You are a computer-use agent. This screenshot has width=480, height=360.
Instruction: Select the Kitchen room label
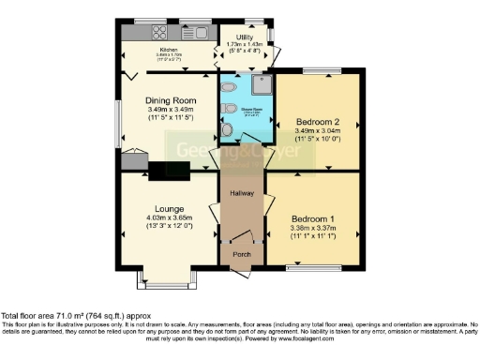(169, 50)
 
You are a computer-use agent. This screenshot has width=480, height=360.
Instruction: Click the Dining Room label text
(170, 100)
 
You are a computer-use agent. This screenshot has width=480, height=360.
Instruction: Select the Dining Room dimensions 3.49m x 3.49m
(170, 111)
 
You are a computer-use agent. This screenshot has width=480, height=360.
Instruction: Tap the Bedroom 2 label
(318, 122)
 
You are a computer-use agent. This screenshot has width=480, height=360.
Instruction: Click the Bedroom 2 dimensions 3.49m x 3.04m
(318, 132)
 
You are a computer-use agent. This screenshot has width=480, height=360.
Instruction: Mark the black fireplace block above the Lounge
(168, 169)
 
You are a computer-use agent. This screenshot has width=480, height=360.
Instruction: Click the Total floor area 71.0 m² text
(75, 317)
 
